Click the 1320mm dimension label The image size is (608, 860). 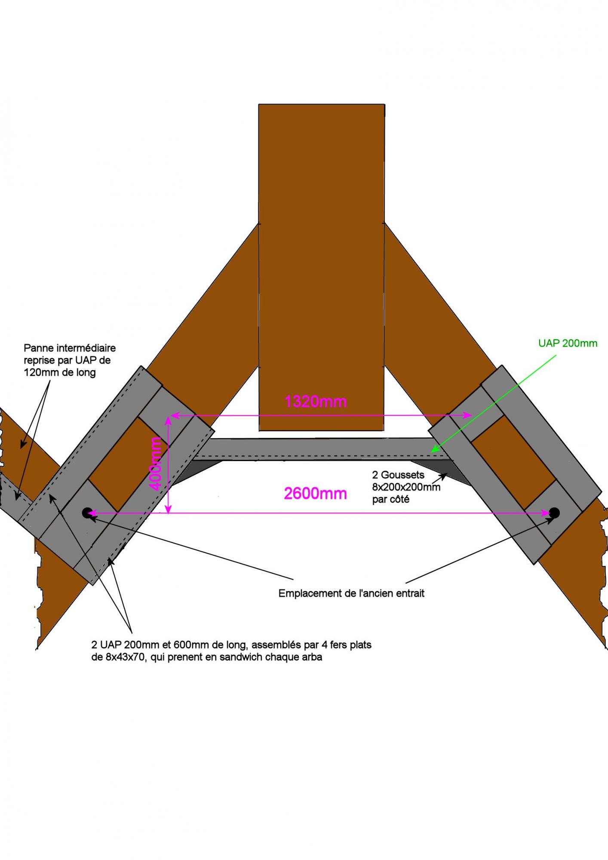[x=315, y=402]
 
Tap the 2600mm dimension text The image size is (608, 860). [x=315, y=493]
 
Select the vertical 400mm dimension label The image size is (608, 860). [x=156, y=464]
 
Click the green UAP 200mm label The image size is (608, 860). [x=568, y=344]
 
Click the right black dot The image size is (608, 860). [x=554, y=513]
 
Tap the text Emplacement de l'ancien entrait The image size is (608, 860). [x=351, y=593]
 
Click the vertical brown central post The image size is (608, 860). [x=321, y=267]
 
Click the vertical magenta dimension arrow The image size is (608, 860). [x=169, y=464]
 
